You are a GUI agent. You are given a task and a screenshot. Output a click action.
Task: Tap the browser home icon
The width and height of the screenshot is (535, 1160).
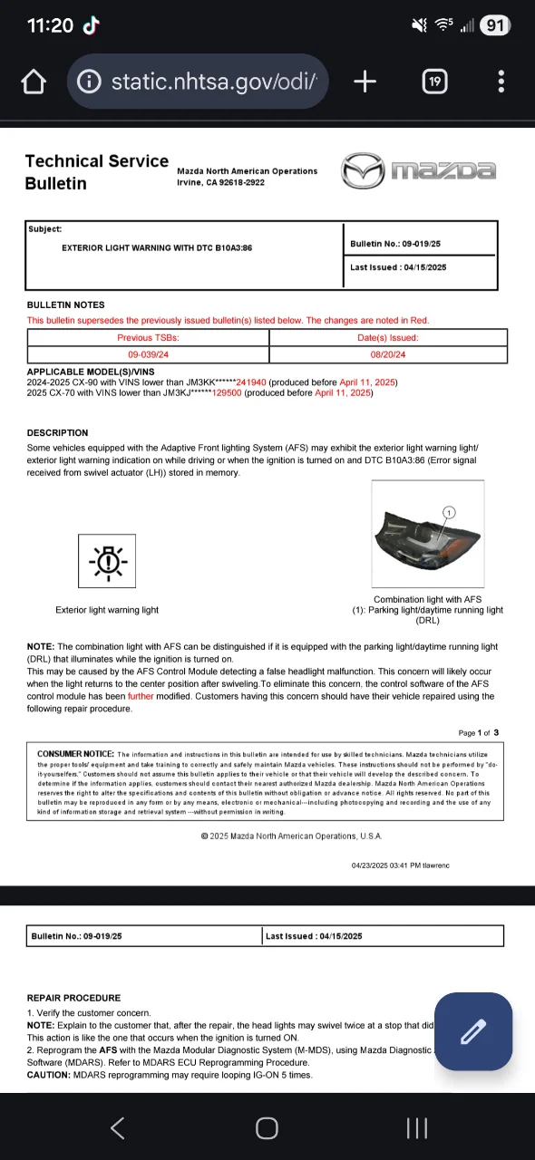tap(34, 82)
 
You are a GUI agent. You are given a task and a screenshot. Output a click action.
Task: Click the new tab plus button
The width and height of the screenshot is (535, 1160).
tap(365, 82)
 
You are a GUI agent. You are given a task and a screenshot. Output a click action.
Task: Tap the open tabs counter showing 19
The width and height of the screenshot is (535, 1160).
tap(434, 82)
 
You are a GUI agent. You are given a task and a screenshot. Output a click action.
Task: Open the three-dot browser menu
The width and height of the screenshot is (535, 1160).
tap(501, 82)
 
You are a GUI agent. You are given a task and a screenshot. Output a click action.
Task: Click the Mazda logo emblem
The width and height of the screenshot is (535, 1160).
tap(362, 170)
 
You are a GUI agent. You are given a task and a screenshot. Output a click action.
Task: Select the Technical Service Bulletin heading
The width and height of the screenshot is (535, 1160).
tap(96, 172)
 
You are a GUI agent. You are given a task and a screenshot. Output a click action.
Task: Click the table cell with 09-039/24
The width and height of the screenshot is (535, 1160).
tap(148, 355)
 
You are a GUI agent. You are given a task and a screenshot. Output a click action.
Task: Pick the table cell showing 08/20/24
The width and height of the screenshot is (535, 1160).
tap(388, 355)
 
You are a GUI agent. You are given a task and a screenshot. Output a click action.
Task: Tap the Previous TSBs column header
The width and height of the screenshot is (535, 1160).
tap(148, 337)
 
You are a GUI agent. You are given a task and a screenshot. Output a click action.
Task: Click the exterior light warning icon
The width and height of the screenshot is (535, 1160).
tap(108, 563)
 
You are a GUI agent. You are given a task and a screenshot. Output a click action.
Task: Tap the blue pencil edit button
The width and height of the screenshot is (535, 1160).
tap(472, 1031)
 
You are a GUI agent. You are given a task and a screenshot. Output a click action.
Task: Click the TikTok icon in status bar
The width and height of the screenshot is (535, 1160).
tap(92, 26)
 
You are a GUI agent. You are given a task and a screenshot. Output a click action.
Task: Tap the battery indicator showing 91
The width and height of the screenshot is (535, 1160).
tap(494, 26)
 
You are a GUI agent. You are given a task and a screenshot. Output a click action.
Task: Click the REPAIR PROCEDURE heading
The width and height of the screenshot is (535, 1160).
tap(73, 998)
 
